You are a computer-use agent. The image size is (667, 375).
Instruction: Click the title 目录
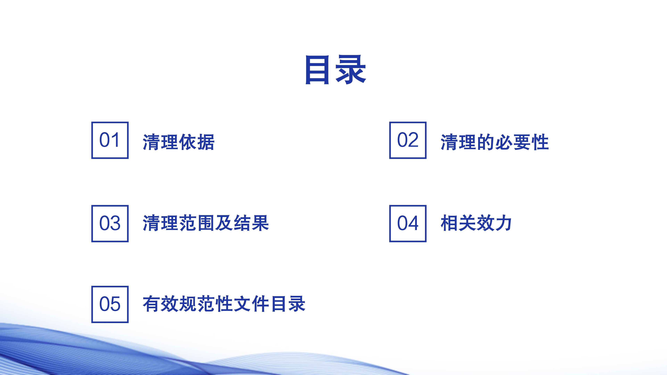point(336,70)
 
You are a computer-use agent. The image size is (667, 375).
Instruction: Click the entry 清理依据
point(179,142)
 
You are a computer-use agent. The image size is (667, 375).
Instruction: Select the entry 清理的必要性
point(495,142)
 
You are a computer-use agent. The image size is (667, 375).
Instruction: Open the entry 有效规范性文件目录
point(224,304)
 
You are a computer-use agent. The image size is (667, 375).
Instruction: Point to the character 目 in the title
point(317,70)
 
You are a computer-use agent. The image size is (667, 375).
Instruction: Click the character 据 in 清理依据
point(206,142)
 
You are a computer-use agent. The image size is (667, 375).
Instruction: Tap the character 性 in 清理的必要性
point(540,142)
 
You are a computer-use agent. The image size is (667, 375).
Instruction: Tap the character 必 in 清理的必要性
point(504,142)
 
